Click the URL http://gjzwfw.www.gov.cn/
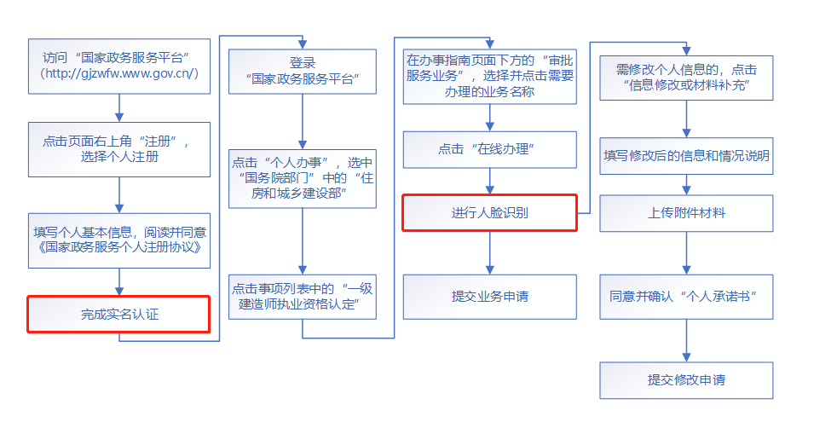[x=118, y=73]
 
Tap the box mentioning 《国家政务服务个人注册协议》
[x=118, y=240]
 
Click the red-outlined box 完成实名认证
[x=118, y=314]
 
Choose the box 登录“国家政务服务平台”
[x=303, y=72]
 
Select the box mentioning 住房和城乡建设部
[x=303, y=178]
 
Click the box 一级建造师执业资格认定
[x=303, y=296]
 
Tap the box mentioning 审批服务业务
[x=489, y=77]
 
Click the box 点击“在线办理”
[x=489, y=148]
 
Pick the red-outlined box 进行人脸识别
[x=489, y=212]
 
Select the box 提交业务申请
[x=489, y=296]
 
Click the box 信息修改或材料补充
[x=686, y=78]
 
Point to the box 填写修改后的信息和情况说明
[x=686, y=156]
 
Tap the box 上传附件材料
[x=686, y=212]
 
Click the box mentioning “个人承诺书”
[x=686, y=296]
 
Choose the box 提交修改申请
[x=686, y=379]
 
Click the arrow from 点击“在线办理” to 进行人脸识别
[x=489, y=181]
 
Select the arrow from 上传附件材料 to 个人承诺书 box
[x=686, y=252]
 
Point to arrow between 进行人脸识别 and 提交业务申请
[x=489, y=252]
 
